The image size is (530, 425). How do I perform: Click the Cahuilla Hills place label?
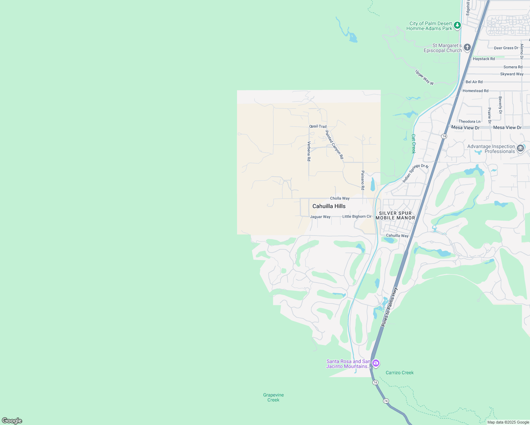329,206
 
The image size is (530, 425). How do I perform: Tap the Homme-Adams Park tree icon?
457,25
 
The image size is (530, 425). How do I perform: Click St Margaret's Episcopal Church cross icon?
467,47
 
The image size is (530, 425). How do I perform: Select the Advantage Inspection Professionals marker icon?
520,148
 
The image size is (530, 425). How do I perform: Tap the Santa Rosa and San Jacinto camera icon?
376,363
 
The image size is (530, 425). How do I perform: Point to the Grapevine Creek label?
274,397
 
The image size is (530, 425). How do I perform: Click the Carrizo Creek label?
400,373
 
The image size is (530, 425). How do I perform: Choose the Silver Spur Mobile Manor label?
395,215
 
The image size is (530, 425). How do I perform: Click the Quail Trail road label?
318,126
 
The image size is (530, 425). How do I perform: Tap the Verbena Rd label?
309,151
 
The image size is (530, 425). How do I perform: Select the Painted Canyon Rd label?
334,144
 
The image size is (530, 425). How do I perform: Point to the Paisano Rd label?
363,180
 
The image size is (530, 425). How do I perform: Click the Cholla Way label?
340,198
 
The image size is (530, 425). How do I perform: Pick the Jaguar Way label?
320,217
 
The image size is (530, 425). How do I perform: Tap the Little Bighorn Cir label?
357,216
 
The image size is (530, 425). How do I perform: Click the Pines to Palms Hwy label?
389,307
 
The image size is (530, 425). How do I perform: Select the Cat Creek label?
413,143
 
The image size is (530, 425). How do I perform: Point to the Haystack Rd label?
484,59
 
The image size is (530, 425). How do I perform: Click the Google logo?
12,421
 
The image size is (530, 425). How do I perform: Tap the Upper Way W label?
424,77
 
